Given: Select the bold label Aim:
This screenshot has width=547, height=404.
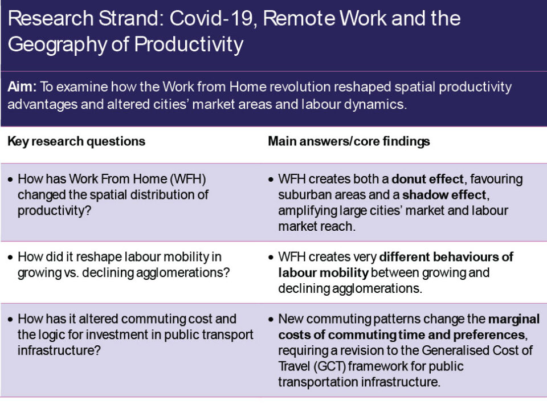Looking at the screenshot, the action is [22, 87].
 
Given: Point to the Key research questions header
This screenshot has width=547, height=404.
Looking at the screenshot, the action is [76, 142].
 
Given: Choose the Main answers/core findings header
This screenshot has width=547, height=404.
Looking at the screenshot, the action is [349, 141].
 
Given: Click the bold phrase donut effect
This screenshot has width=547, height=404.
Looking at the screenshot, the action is [427, 179].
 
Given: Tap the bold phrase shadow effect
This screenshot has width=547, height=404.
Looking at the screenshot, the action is [444, 195].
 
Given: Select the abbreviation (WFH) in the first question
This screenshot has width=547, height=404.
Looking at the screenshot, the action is [187, 179].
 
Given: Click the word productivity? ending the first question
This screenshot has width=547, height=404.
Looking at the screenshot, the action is [55, 211].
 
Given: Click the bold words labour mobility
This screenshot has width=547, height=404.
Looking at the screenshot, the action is [323, 273].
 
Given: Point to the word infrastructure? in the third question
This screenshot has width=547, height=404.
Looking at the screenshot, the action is [59, 350].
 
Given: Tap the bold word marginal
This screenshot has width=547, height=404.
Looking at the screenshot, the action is [513, 319].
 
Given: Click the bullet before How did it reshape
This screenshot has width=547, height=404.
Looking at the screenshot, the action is [10, 258].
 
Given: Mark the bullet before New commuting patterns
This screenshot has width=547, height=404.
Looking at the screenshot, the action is [271, 320].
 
